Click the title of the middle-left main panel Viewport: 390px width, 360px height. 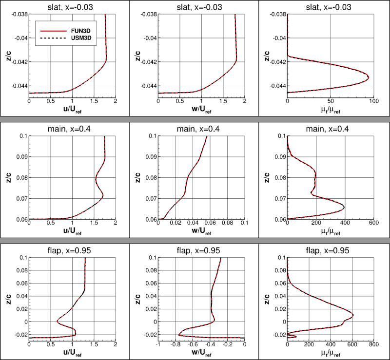click(x=72, y=127)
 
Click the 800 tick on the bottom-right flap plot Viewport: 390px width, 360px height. click(x=373, y=345)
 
